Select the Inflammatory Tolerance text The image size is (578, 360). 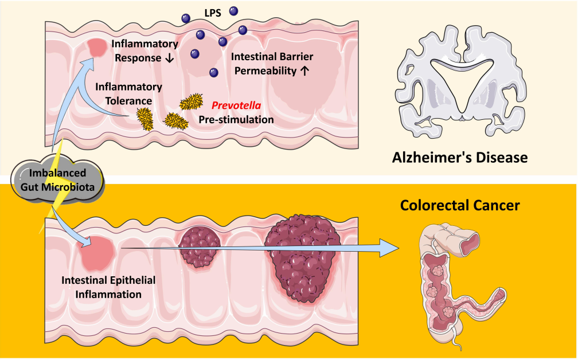click(x=128, y=93)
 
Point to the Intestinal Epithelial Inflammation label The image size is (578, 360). click(x=102, y=287)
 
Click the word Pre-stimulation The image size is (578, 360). click(x=236, y=120)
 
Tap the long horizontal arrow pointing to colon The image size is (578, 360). click(x=258, y=248)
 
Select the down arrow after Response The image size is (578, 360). click(x=169, y=58)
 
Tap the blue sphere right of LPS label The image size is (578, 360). click(x=233, y=10)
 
